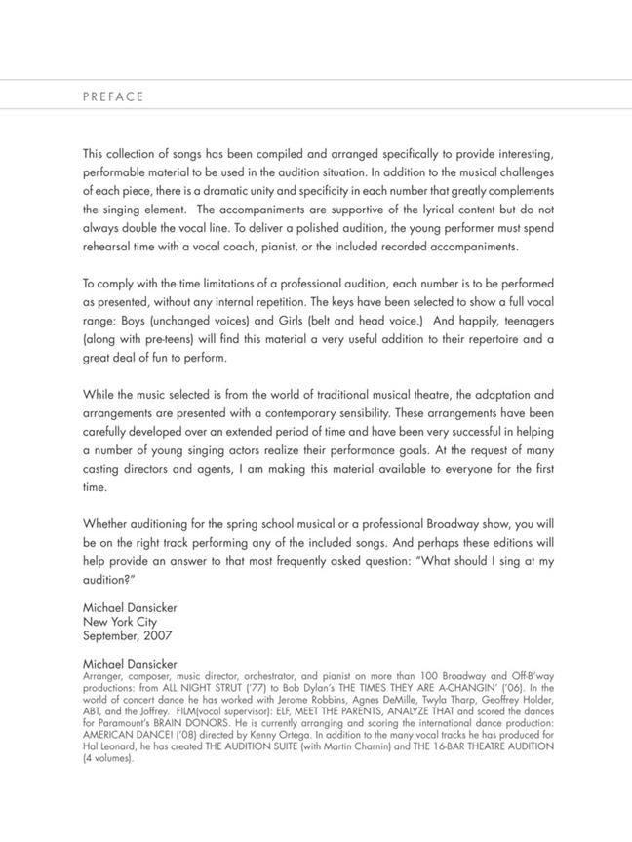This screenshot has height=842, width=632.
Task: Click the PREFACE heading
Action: (x=113, y=96)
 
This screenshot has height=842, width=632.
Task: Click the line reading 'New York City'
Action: (x=120, y=622)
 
